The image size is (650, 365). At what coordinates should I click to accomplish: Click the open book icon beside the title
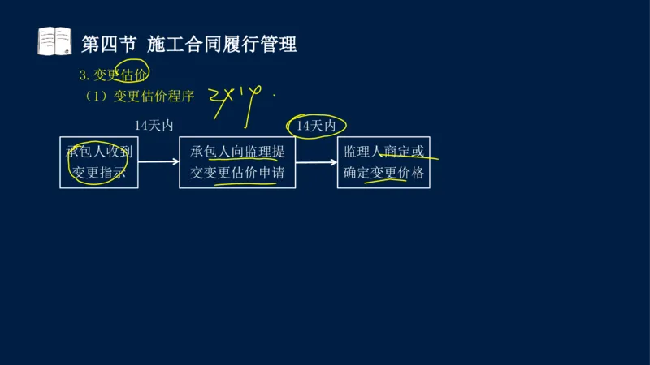55,41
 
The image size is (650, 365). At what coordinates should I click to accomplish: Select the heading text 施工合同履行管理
222,44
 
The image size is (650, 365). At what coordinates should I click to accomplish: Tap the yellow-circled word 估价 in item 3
132,75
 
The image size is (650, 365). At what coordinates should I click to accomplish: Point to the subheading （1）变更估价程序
141,97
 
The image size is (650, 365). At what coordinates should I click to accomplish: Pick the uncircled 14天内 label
154,126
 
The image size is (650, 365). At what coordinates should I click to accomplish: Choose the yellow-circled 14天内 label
316,126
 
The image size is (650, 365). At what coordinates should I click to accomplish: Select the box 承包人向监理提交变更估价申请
237,162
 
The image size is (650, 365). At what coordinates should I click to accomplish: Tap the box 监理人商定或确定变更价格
383,162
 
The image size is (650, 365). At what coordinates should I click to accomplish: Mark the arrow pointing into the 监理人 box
316,162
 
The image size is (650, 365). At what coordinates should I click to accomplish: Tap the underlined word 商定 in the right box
397,152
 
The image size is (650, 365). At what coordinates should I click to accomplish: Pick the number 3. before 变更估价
84,75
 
